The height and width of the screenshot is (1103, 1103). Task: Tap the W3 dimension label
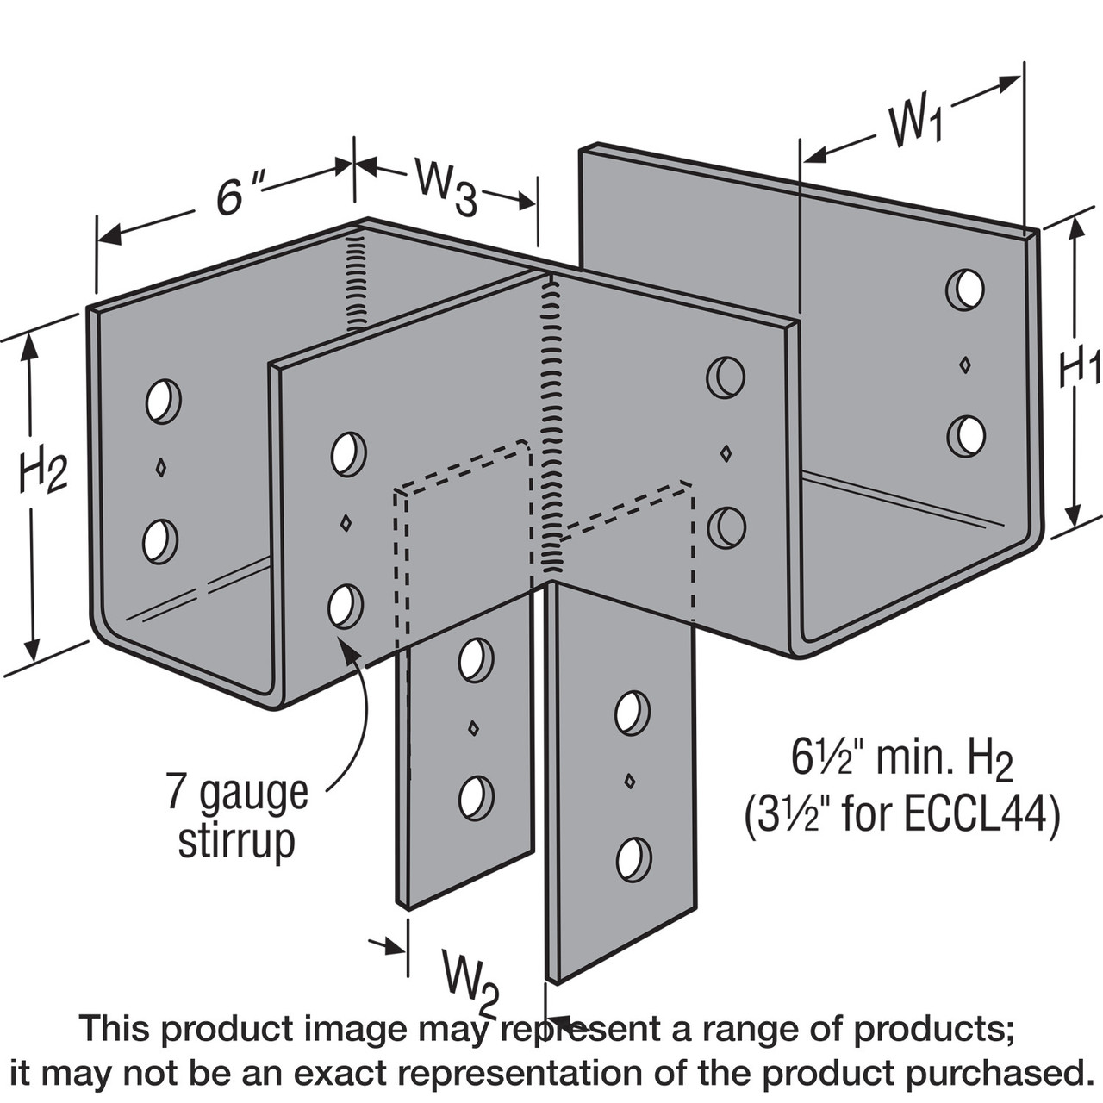(445, 186)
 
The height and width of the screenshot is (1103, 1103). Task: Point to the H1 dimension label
(1078, 368)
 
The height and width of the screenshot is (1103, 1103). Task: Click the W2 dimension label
(470, 977)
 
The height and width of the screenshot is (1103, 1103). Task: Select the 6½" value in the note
(819, 759)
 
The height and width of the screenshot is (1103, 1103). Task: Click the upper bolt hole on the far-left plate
(162, 401)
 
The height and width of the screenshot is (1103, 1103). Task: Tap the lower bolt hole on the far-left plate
(159, 541)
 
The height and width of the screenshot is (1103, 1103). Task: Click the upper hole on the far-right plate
(965, 290)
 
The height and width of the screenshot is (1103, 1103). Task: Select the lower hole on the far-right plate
(965, 436)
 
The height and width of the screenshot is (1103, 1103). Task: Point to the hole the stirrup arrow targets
(345, 606)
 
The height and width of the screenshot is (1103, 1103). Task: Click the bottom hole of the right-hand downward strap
(633, 859)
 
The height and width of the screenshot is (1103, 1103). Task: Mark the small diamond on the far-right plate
(965, 364)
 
